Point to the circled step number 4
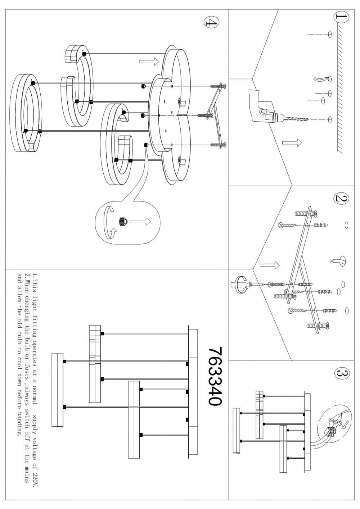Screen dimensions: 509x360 coord(211,22)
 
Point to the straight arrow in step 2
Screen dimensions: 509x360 coord(270,265)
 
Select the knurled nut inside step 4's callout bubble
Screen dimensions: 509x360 coord(123,221)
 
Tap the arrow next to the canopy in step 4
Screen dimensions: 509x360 coord(149,62)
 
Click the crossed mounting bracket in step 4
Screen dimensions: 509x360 coord(216,115)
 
